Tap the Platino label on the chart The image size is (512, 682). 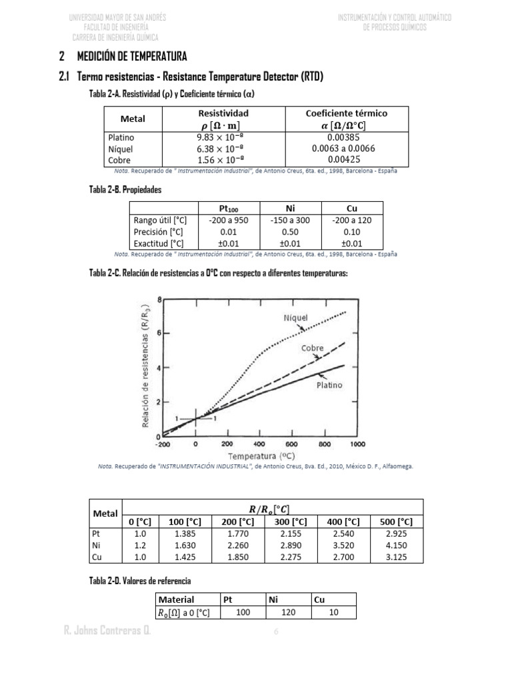click(x=329, y=384)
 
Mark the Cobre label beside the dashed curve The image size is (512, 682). click(x=313, y=348)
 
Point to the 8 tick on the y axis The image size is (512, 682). click(x=159, y=300)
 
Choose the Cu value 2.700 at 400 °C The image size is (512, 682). click(x=343, y=556)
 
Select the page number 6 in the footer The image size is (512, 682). click(x=276, y=632)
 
